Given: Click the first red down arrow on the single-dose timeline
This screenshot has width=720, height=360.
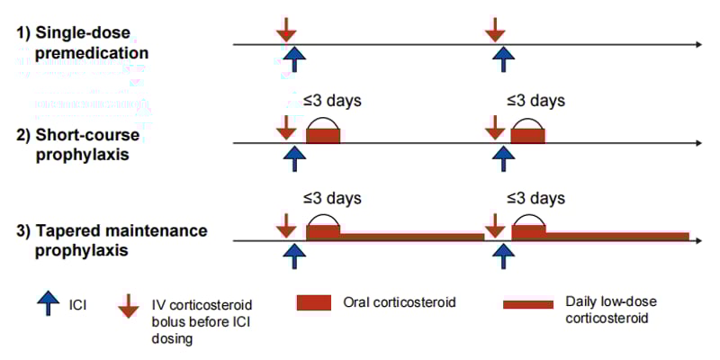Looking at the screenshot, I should tap(286, 28).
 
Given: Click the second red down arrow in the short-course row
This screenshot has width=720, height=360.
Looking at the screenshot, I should tap(494, 126).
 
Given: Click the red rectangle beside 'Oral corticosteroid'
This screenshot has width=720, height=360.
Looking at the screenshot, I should tap(314, 303).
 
